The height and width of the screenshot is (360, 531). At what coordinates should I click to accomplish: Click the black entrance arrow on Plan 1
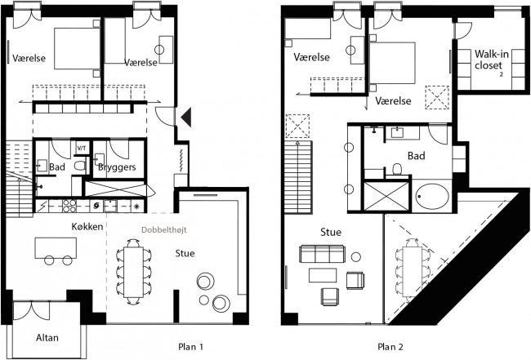187,117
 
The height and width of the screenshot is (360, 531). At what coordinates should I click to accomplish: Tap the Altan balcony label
47,338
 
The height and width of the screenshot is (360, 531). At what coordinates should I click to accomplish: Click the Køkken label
87,226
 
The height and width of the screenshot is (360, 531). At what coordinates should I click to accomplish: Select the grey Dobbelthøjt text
164,230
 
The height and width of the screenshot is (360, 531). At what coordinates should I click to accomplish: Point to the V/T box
82,149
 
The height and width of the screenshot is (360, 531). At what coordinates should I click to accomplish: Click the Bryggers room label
117,167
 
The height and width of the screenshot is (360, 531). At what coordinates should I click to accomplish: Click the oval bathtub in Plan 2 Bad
432,196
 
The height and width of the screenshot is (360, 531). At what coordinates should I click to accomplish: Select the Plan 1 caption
190,347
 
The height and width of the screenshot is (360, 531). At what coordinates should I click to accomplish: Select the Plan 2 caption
390,347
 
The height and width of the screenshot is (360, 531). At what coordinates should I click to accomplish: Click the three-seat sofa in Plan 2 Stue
323,254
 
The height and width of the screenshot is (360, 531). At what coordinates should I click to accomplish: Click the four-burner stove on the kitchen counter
69,206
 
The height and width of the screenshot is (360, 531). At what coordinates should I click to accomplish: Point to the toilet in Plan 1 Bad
80,166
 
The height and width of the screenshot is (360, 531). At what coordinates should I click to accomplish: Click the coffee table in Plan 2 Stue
323,275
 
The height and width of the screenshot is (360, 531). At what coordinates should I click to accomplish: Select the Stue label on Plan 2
331,232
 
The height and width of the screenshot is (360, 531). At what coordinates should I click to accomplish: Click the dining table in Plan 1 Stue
133,272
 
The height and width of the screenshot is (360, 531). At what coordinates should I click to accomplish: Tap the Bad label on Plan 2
416,156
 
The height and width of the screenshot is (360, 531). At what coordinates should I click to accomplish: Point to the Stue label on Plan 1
185,253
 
